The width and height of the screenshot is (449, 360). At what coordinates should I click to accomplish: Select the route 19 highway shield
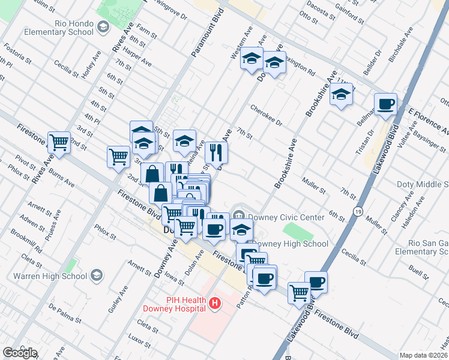click(358, 211)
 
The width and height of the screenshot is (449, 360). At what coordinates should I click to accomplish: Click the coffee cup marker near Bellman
click(385, 104)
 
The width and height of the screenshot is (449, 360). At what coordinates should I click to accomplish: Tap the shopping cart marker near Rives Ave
click(59, 142)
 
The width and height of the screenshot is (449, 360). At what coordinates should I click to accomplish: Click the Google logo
click(20, 352)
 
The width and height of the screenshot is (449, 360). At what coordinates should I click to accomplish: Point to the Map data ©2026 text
click(423, 355)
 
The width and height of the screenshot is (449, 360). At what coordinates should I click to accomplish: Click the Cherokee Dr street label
click(266, 116)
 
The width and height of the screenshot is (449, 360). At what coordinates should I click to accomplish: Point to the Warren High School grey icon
click(96, 276)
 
